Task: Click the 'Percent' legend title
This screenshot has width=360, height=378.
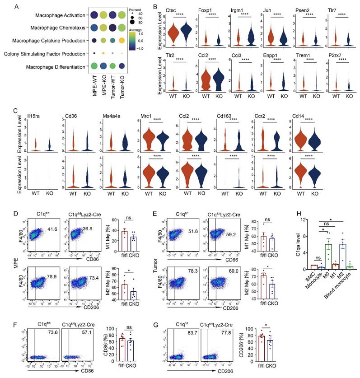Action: [x=135, y=9]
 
